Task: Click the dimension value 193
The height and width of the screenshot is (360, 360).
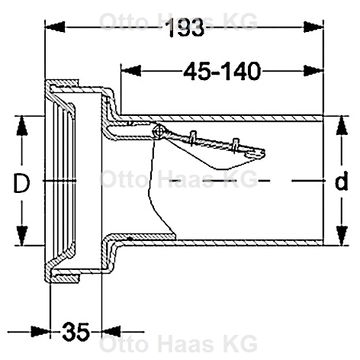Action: tap(185, 27)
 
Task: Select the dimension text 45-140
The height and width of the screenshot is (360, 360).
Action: tap(222, 71)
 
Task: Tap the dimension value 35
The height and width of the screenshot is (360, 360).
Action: tap(76, 332)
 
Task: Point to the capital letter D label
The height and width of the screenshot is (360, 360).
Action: tap(21, 183)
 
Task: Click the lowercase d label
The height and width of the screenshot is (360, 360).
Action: tap(341, 181)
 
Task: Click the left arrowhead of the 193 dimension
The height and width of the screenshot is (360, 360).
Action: tap(55, 27)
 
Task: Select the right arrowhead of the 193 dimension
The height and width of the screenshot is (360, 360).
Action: tap(313, 27)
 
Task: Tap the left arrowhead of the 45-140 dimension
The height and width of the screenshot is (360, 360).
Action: tap(131, 71)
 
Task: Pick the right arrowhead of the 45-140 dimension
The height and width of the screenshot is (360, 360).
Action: tap(313, 71)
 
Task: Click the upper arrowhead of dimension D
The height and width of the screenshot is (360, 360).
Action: tap(22, 126)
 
